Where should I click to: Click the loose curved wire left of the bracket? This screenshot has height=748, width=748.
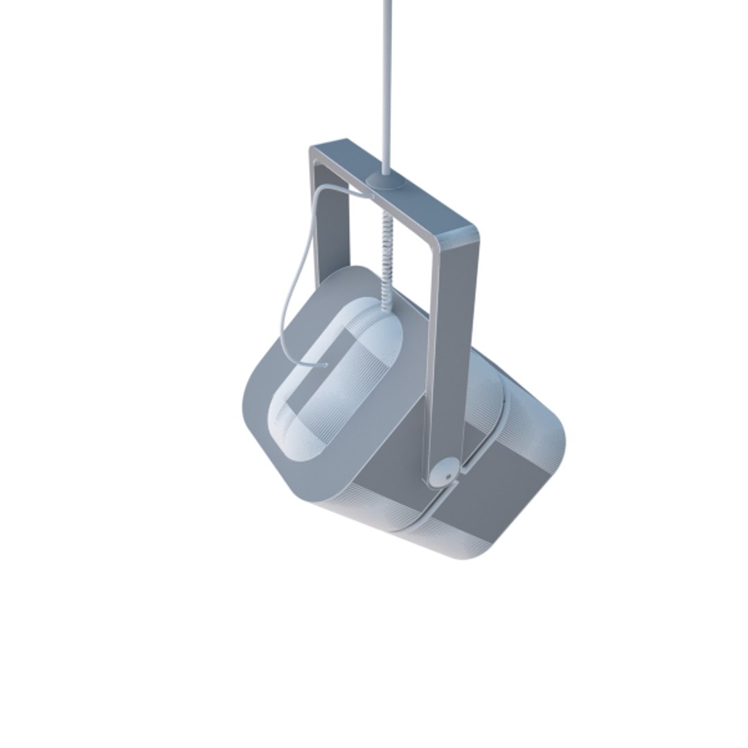[294, 277]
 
